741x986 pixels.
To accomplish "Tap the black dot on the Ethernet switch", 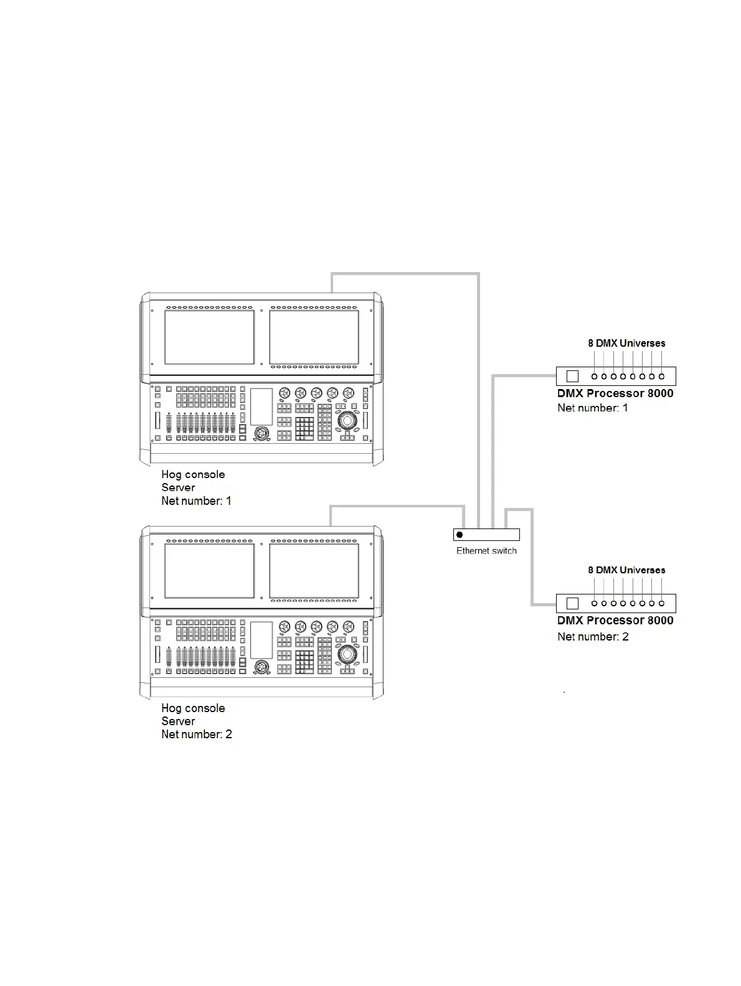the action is (x=460, y=535).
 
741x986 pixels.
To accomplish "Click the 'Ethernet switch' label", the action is (x=486, y=551).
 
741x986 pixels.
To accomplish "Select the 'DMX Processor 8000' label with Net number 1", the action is (x=615, y=393).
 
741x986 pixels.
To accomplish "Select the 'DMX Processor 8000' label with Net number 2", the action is (x=615, y=621).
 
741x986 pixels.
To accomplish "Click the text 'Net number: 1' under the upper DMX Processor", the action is (x=593, y=408).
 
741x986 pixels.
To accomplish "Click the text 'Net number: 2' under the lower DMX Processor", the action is (x=593, y=637).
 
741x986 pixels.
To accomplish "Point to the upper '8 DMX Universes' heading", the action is (x=626, y=343).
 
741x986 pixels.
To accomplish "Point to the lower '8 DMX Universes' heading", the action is (x=626, y=570).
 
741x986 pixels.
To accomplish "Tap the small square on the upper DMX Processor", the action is (x=573, y=376).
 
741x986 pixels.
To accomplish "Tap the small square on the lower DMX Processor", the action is (x=573, y=603).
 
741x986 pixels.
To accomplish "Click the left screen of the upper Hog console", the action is (x=209, y=337).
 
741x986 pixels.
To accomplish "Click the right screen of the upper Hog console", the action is (x=314, y=337).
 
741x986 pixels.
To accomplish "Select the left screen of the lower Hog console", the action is (x=209, y=571).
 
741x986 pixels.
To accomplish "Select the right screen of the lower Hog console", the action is (x=314, y=571).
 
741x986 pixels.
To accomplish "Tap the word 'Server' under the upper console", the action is (x=178, y=488).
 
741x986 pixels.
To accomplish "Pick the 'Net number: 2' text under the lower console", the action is (x=197, y=735).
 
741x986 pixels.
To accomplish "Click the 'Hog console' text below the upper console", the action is (x=193, y=475).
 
